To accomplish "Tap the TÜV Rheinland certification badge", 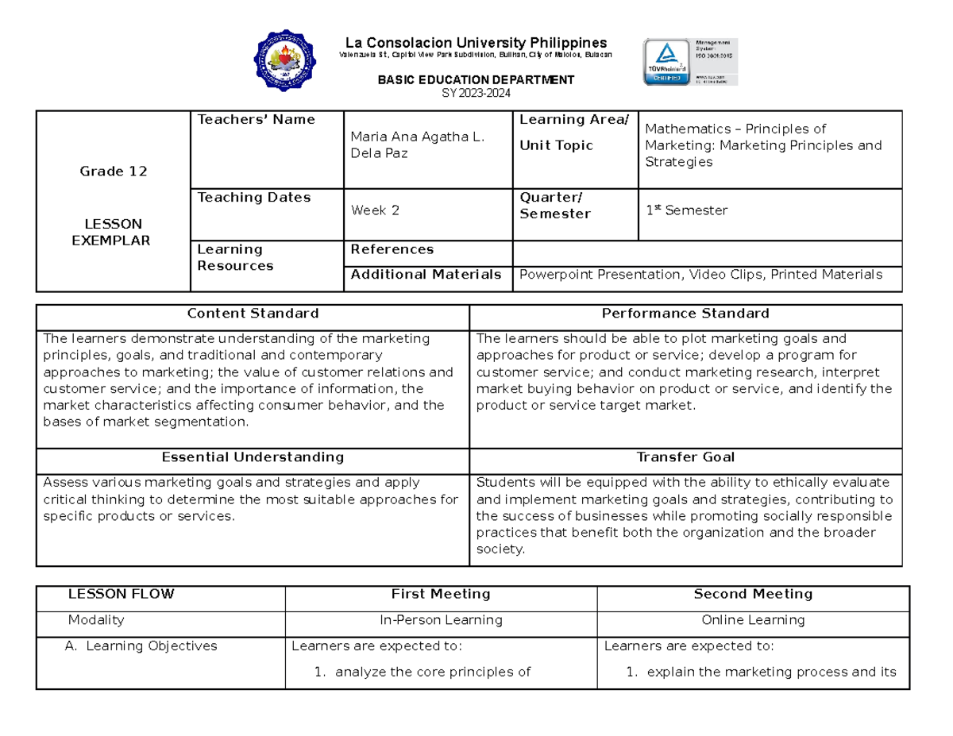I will pyautogui.click(x=690, y=61).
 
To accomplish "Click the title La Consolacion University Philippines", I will pyautogui.click(x=475, y=42).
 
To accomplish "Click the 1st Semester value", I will pyautogui.click(x=686, y=210).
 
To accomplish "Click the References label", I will pyautogui.click(x=392, y=249).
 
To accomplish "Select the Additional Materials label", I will pyautogui.click(x=426, y=275).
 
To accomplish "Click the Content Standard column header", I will pyautogui.click(x=253, y=314).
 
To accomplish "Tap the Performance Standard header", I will pyautogui.click(x=685, y=314).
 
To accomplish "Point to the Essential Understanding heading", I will pyautogui.click(x=253, y=457).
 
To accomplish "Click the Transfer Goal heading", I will pyautogui.click(x=685, y=457).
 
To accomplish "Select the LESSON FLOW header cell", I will pyautogui.click(x=122, y=594).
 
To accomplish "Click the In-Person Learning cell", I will pyautogui.click(x=440, y=620).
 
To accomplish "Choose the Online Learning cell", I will pyautogui.click(x=753, y=620).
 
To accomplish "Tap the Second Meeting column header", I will pyautogui.click(x=753, y=594).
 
